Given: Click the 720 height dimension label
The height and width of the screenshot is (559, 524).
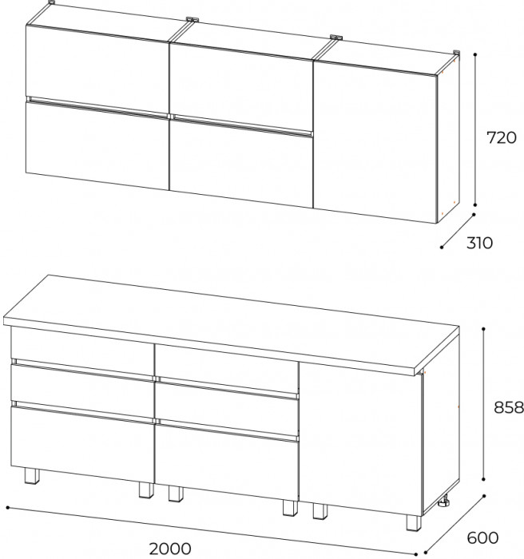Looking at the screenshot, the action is tap(501, 137).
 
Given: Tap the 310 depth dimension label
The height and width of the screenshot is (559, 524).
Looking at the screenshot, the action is tap(479, 243).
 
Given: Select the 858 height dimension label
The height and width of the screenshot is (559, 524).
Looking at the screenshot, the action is tap(509, 407).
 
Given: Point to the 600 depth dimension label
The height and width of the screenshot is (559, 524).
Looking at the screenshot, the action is tap(482, 538).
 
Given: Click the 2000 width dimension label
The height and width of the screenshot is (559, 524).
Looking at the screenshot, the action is tap(170, 549).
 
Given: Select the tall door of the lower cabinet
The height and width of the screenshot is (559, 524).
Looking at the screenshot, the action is tap(360, 438).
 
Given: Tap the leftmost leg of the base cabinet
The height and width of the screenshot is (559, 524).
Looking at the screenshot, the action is tap(31, 476).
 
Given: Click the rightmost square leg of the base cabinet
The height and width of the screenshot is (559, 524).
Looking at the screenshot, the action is tap(413, 521).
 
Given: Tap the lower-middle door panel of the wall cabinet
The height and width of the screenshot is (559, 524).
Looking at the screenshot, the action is tap(240, 162).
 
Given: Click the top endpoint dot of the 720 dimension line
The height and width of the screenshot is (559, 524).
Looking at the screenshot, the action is tap(475, 54).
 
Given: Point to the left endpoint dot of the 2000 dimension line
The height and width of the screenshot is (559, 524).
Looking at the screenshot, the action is tap(8, 507).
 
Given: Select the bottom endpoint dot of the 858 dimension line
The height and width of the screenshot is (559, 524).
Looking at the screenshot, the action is tap(483, 479).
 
